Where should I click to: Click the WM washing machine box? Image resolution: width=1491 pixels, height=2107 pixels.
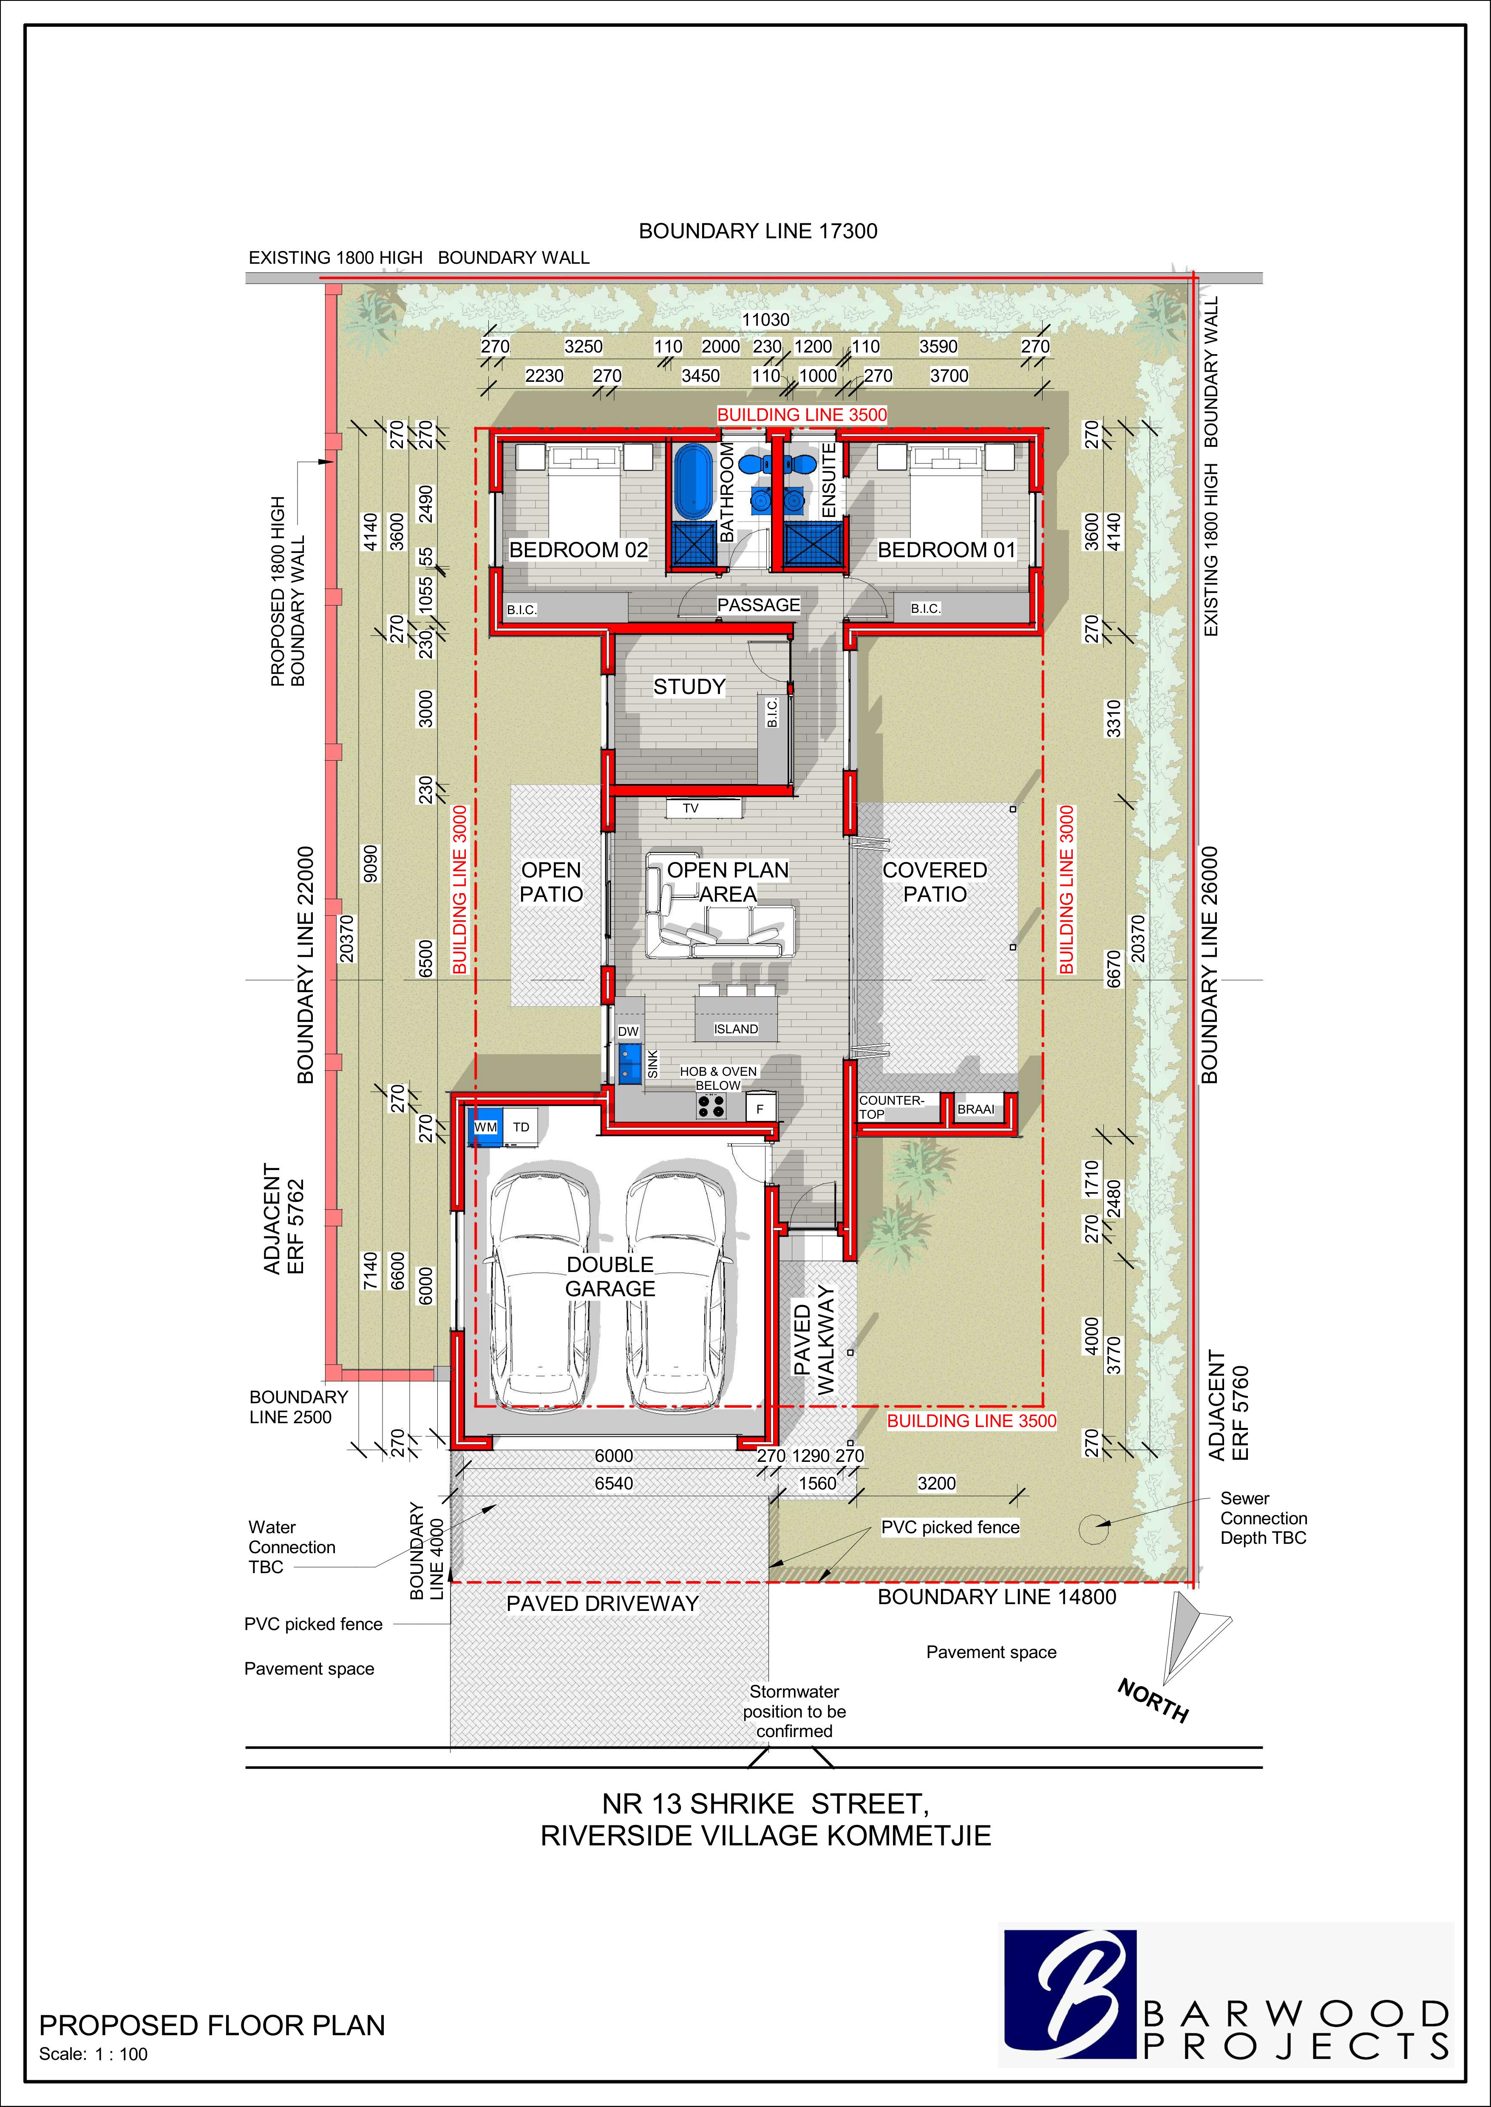[485, 1127]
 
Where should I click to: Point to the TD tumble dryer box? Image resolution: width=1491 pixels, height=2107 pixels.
[521, 1127]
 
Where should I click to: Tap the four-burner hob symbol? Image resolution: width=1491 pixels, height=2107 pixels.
[711, 1107]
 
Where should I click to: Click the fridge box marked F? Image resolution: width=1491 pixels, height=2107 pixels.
[760, 1108]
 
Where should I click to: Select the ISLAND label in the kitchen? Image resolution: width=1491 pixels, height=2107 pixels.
[736, 1029]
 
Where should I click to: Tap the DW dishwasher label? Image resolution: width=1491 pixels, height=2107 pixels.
[628, 1032]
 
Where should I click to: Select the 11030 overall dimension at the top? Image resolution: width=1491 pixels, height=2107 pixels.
[766, 319]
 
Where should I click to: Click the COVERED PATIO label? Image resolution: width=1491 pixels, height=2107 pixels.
[935, 882]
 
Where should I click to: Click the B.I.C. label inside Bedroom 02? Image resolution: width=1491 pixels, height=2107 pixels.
[522, 609]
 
